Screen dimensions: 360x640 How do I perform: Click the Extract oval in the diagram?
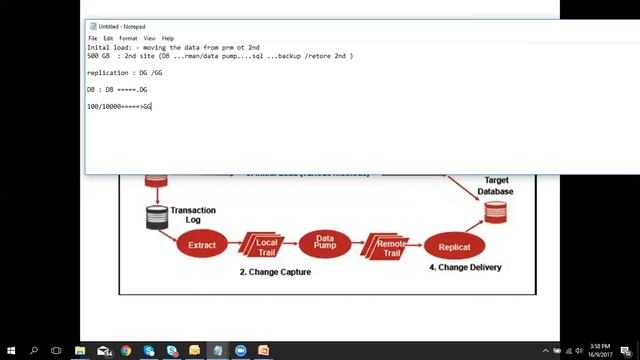[x=202, y=244]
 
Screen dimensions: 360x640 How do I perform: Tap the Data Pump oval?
[x=325, y=244]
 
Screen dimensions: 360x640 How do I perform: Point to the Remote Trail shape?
[x=387, y=245]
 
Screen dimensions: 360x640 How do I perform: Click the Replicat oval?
[x=454, y=246]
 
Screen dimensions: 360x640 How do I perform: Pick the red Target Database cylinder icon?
[x=495, y=212]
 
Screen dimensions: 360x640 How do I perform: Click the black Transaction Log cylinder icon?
[x=157, y=217]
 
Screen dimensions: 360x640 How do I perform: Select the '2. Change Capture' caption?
[x=275, y=271]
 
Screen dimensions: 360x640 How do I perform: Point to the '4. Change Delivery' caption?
[x=465, y=267]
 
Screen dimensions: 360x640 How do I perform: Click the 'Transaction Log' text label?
[x=193, y=215]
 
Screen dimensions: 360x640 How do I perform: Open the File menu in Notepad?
[x=93, y=38]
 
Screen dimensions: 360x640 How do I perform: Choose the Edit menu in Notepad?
[x=108, y=38]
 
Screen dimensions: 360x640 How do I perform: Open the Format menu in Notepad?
[x=128, y=38]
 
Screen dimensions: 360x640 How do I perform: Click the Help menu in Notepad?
[x=168, y=38]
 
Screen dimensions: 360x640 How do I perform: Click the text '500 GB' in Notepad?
[x=98, y=56]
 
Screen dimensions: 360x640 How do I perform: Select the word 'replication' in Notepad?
[x=107, y=73]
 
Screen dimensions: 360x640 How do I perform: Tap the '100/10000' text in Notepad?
[x=104, y=106]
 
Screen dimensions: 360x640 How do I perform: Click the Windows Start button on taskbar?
[x=10, y=351]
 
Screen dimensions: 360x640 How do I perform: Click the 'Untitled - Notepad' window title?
[x=122, y=26]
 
